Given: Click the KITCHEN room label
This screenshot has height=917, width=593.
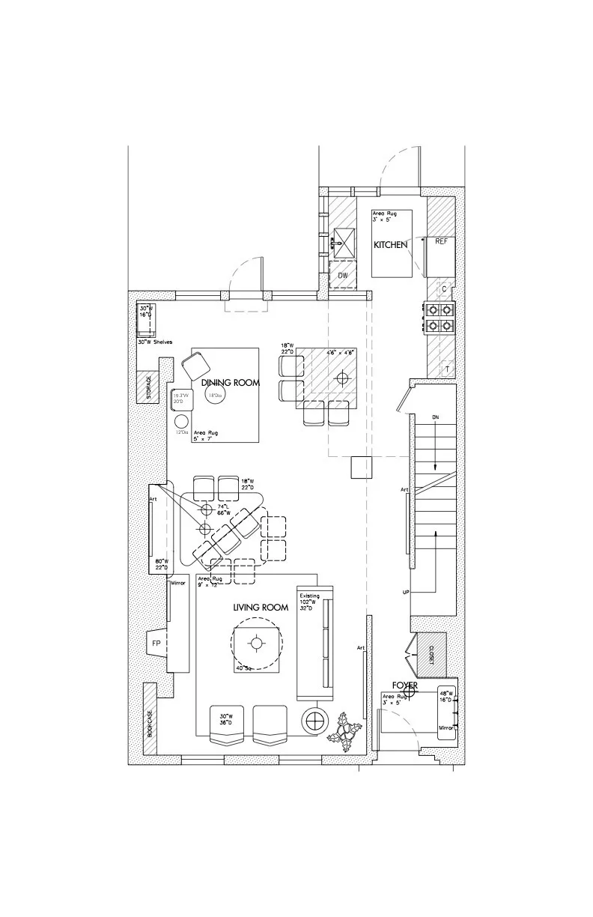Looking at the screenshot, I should point(391,245).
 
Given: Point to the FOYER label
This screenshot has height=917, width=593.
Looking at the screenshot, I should point(405,686).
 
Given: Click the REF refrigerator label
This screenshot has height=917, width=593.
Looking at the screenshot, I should point(441,241).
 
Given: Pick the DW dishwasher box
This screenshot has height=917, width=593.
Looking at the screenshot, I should point(343,276).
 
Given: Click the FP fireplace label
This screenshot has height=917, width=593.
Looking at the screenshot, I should point(156,642).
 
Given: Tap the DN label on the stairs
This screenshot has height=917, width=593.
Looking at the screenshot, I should point(434,417).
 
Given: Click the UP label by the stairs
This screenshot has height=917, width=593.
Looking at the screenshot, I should point(406,592).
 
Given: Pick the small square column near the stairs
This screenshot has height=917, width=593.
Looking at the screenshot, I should point(362,466).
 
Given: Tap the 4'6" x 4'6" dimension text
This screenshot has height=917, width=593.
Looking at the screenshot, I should point(339,351).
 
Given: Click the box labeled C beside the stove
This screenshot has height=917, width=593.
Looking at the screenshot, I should point(444,288).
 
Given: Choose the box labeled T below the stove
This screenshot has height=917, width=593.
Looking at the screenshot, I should point(445,369).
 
